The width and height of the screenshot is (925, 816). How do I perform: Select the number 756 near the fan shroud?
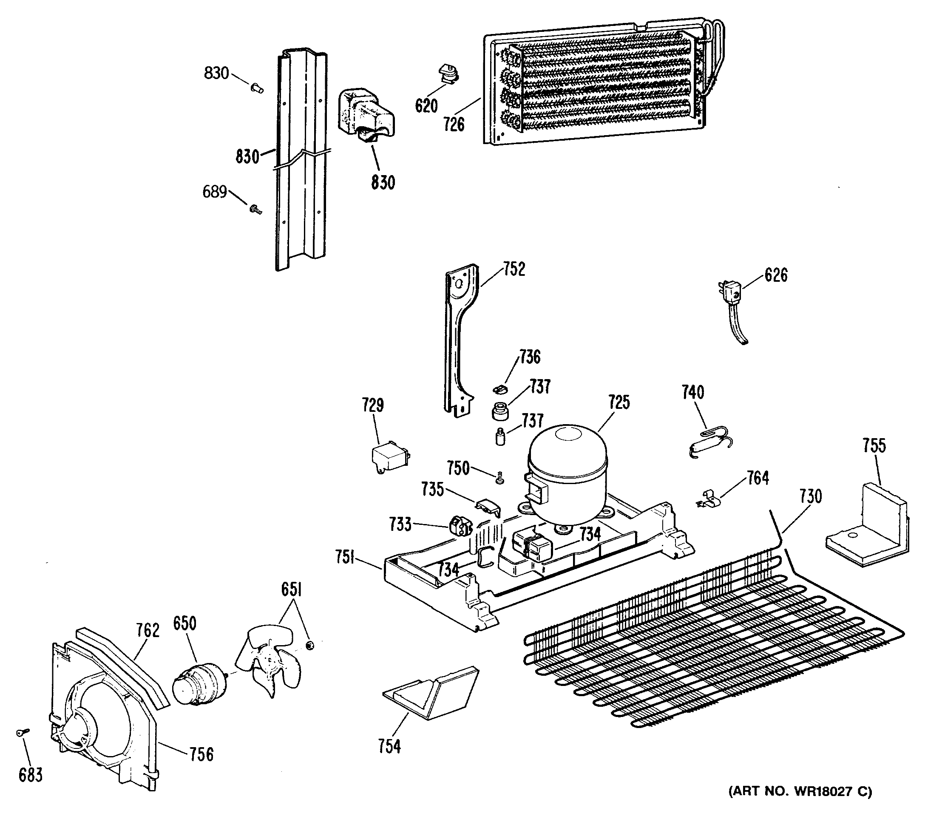[201, 754]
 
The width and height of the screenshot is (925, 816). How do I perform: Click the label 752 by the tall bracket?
[514, 269]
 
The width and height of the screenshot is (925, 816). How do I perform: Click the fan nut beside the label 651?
[310, 645]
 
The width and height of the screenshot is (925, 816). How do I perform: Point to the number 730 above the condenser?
[810, 496]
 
